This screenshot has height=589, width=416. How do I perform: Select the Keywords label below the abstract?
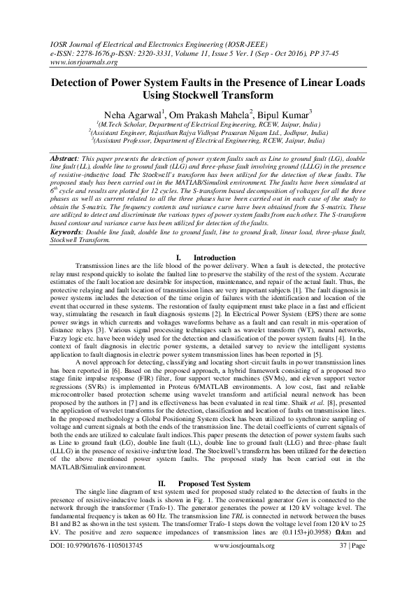pyautogui.click(x=71, y=230)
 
